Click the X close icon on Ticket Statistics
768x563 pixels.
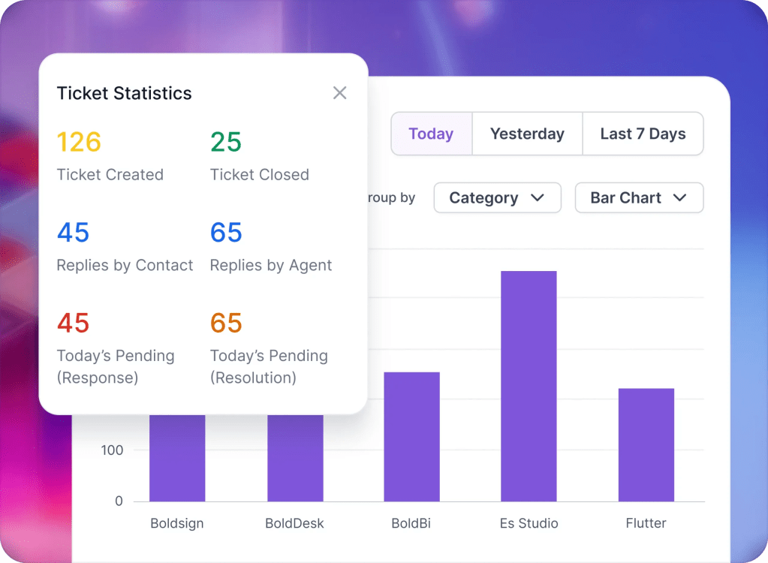point(340,93)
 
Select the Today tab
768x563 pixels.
point(431,134)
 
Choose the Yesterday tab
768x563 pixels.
point(527,134)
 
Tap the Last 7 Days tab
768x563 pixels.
point(643,134)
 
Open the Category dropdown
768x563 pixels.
point(497,198)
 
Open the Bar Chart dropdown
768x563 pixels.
point(639,198)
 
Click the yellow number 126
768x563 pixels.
point(79,142)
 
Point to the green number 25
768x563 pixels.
point(225,142)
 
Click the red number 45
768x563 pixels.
point(73,324)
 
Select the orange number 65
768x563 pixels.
point(225,324)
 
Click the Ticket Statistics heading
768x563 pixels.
point(125,94)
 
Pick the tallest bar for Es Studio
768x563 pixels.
point(529,386)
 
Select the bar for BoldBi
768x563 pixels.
point(411,436)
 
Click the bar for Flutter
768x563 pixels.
point(646,444)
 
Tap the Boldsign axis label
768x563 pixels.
point(176,523)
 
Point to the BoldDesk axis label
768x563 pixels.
point(294,523)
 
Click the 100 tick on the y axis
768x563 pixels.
point(112,450)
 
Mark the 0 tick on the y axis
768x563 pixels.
point(119,501)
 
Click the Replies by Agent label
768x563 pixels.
point(271,266)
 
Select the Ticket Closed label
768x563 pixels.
point(260,175)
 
